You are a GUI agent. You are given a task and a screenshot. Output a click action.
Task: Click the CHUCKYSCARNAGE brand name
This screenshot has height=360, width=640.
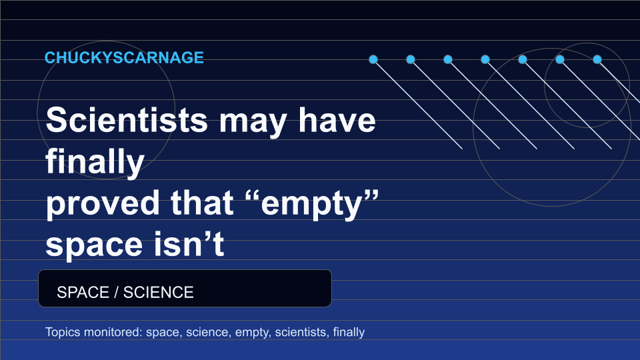[124, 57]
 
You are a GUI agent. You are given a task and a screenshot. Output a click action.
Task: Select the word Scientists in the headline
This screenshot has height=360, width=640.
[127, 120]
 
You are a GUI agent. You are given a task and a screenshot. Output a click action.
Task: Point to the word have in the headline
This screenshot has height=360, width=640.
[337, 120]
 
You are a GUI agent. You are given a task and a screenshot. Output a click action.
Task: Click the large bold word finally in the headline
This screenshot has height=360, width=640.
[95, 162]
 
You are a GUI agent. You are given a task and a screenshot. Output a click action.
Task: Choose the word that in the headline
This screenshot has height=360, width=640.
[202, 203]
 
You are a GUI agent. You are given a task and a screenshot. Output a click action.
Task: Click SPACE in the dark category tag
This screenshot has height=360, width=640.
[83, 292]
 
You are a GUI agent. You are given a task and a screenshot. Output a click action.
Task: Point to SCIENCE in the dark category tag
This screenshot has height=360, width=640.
[159, 292]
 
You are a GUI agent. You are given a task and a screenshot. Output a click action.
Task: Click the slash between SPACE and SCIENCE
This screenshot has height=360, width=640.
[116, 292]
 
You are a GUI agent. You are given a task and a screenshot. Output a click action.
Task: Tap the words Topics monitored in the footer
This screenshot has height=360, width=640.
[94, 332]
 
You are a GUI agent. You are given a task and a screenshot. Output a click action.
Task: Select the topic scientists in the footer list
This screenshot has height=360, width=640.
[302, 332]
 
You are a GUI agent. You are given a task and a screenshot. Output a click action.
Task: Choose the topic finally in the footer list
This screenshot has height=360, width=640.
[349, 332]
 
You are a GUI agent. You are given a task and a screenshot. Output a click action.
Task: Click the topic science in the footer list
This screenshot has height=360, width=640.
[207, 332]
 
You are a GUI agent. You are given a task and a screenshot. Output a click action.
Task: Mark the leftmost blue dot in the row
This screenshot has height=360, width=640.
[373, 59]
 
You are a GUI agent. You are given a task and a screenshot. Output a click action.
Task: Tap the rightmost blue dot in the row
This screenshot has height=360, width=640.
[597, 59]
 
